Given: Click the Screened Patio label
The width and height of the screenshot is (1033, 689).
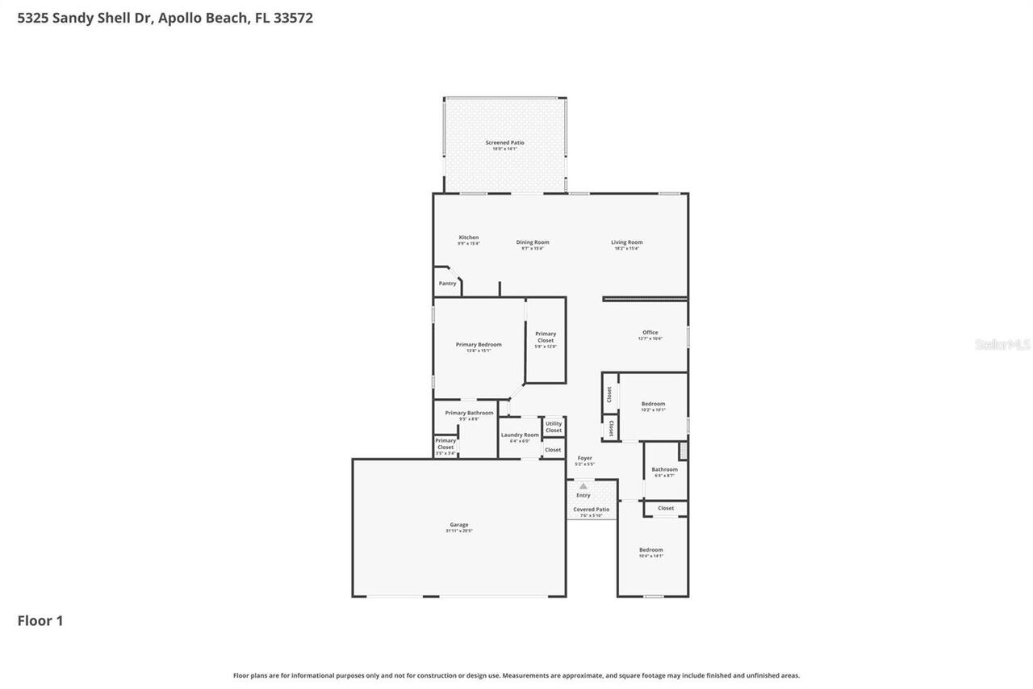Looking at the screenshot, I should click(504, 143).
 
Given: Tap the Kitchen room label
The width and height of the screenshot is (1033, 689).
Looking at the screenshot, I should click(469, 238).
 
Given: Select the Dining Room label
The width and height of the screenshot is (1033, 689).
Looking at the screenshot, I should click(533, 242).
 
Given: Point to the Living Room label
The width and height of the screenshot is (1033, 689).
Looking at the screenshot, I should click(626, 242).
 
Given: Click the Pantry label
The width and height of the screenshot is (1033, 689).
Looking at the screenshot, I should click(447, 284).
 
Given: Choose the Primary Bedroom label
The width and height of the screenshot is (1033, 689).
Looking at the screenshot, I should click(479, 345).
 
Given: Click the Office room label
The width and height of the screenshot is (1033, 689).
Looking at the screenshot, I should click(650, 333).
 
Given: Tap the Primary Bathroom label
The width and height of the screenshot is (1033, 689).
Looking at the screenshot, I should click(469, 414).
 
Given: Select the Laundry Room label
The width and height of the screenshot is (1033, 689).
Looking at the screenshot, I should click(520, 435).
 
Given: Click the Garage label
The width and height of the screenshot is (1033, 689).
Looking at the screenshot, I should click(458, 525).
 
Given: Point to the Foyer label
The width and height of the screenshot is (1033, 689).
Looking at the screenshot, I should click(584, 459).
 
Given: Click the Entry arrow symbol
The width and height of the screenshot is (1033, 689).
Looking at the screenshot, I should click(583, 485).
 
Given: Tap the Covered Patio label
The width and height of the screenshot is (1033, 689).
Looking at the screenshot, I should click(592, 510).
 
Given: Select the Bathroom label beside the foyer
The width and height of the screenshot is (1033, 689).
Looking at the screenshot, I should click(665, 469).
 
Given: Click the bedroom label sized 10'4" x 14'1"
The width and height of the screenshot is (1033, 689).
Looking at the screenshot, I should click(650, 551).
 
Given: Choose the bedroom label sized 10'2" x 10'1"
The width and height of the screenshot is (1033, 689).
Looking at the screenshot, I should click(653, 405).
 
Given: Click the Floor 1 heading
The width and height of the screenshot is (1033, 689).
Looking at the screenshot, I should click(40, 620).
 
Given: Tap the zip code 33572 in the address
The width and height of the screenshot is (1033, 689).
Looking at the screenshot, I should click(294, 18).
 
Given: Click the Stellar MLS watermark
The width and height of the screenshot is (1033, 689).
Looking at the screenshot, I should click(1002, 345).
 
